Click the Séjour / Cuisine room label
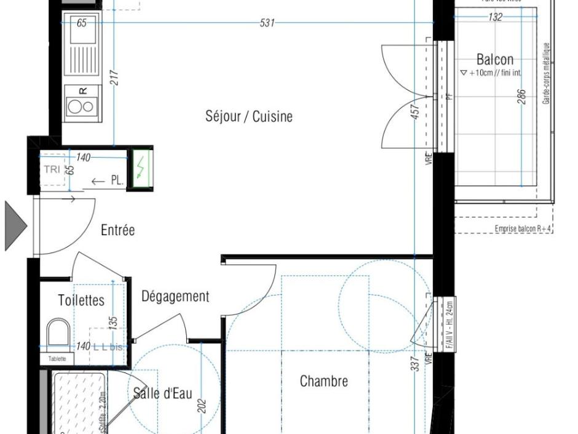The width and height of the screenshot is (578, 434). coord(249,116)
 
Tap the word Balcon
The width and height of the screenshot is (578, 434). coord(494,60)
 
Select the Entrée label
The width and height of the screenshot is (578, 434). coord(117,230)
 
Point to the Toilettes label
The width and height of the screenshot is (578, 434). coord(81,300)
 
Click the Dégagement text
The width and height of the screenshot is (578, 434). coord(175,297)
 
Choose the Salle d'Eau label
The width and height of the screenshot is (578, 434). coord(163,393)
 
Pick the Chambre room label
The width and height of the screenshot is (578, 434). coord(323,381)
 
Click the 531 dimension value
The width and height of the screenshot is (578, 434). coord(267,23)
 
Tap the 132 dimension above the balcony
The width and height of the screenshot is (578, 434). coord(495,17)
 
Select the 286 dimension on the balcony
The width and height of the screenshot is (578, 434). coord(521,97)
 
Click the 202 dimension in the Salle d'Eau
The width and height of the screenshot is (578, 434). coord(201,407)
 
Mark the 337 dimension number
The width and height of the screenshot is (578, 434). coord(415,363)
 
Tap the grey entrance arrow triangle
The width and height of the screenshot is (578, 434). coord(15,226)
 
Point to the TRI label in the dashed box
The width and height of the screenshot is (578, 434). coord(52,169)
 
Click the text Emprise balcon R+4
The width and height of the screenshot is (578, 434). coord(523,229)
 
